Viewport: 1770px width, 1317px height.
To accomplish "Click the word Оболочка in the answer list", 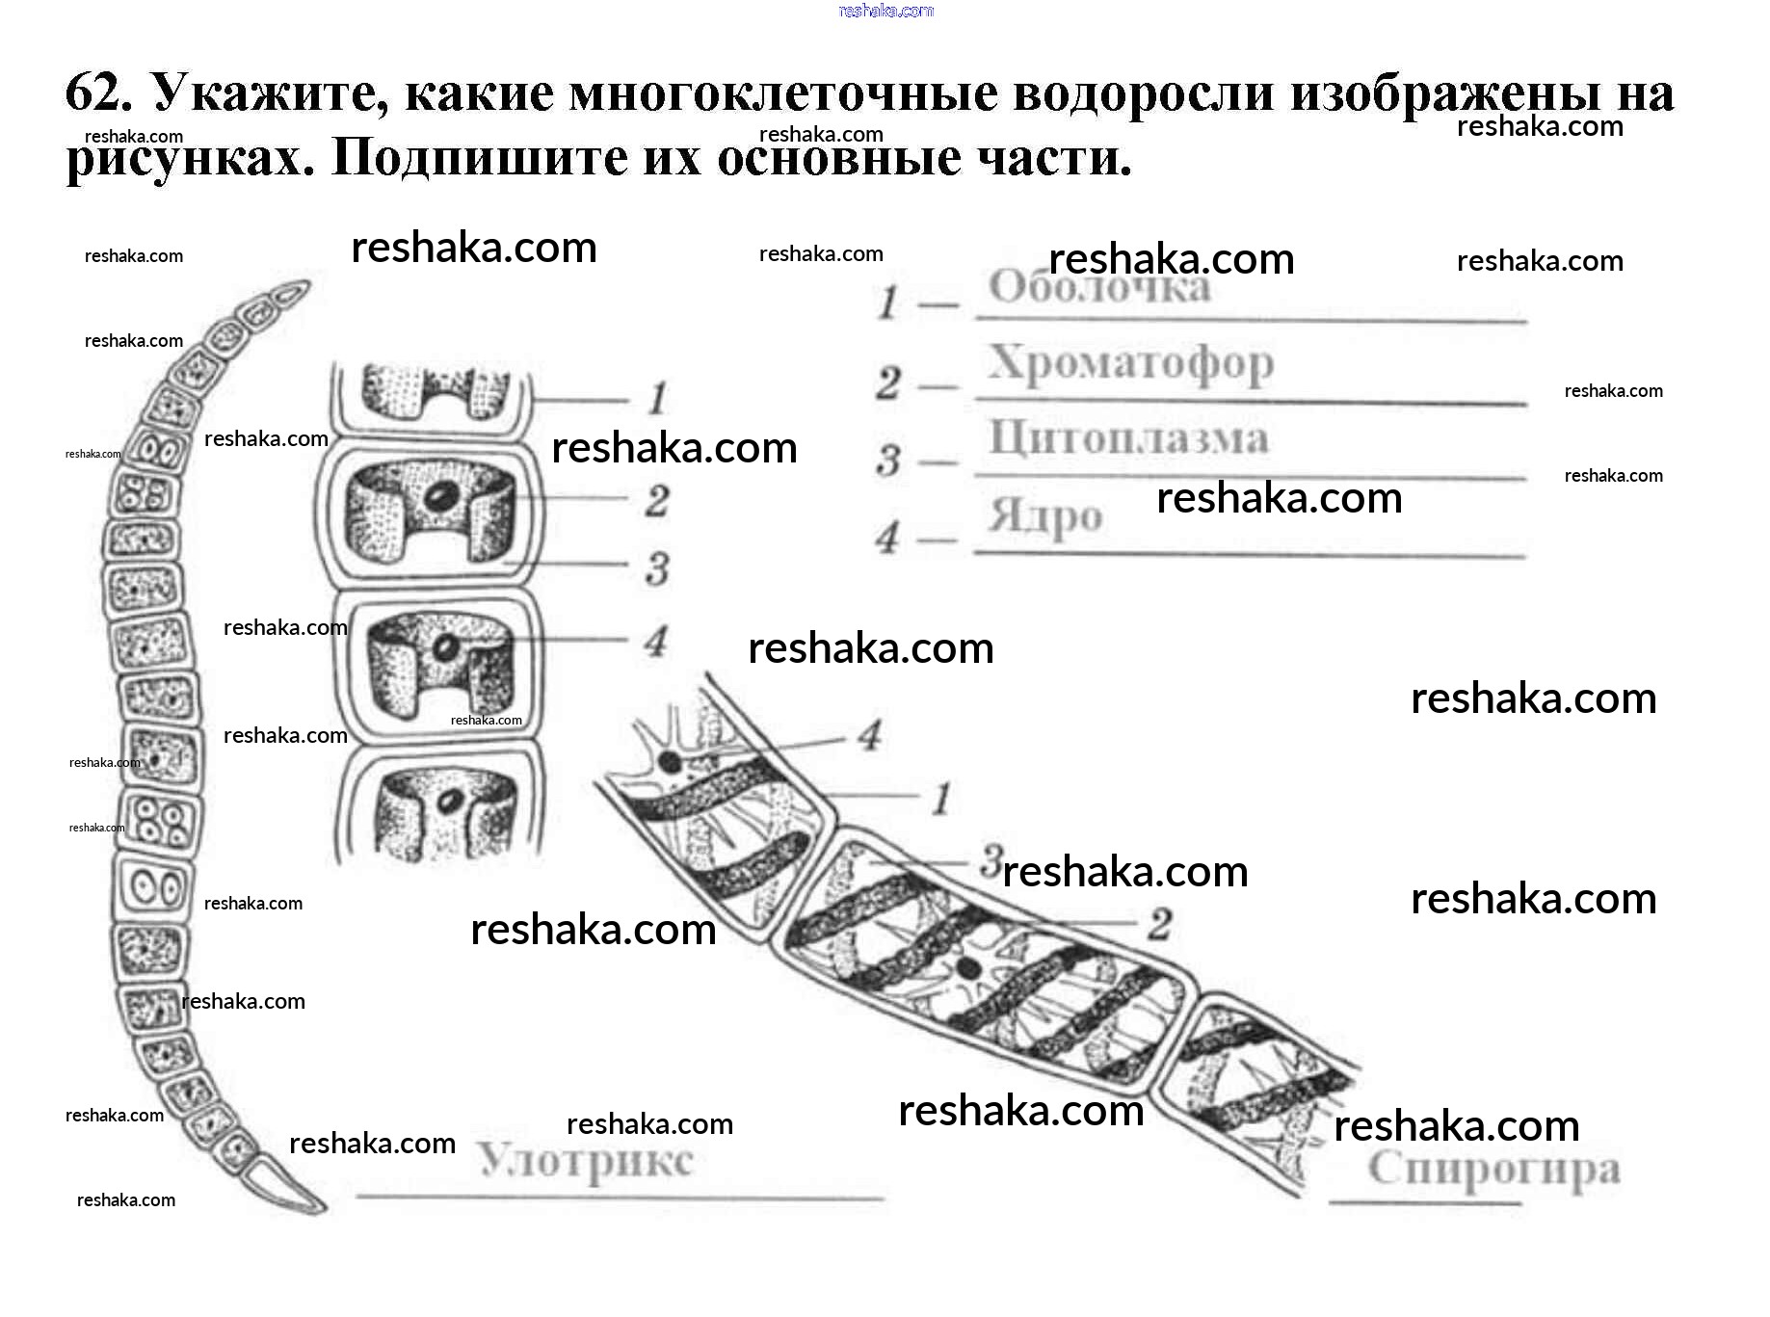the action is click(x=1098, y=288).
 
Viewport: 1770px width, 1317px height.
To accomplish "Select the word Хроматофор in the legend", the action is click(x=1130, y=364).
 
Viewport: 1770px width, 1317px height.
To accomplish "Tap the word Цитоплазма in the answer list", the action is click(x=1128, y=438).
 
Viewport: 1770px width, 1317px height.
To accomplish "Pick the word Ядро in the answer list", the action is click(x=1044, y=517).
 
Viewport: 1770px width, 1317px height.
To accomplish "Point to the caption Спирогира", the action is click(x=1493, y=1171).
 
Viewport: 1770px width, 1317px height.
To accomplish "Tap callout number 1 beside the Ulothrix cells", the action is click(x=657, y=398).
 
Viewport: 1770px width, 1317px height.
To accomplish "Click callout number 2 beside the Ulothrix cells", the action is click(x=657, y=500).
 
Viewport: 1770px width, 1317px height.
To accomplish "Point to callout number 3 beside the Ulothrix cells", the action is click(x=657, y=568).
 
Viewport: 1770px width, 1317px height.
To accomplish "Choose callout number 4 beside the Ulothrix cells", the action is click(x=656, y=641).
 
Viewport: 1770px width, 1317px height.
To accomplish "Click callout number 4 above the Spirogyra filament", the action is click(x=870, y=735).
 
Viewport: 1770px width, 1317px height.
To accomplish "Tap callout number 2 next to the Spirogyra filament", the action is click(x=1160, y=925).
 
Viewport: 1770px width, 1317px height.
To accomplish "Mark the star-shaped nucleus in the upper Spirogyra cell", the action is click(x=668, y=762).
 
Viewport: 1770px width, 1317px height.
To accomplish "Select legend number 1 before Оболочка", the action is click(x=887, y=304).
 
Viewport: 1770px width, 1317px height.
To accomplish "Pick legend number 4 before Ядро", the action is click(x=887, y=537).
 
